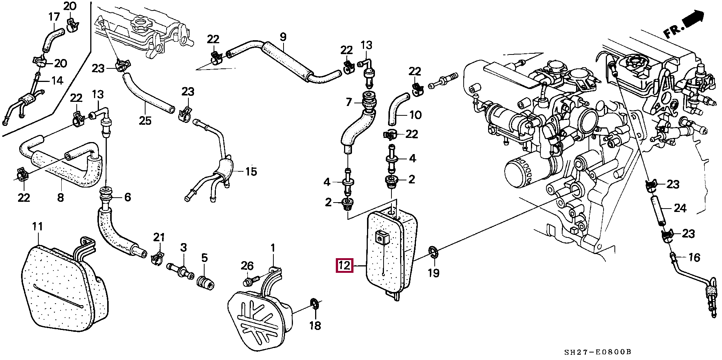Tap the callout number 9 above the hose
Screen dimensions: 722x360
tap(283, 37)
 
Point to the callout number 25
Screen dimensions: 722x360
tap(145, 121)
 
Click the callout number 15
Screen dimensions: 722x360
tap(251, 172)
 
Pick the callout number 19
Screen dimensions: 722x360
tap(434, 273)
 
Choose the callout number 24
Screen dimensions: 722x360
tap(680, 208)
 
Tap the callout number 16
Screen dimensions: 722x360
tap(694, 257)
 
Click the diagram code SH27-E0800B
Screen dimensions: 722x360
tap(598, 352)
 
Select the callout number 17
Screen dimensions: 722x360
tap(54, 17)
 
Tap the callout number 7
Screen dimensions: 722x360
tap(349, 102)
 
